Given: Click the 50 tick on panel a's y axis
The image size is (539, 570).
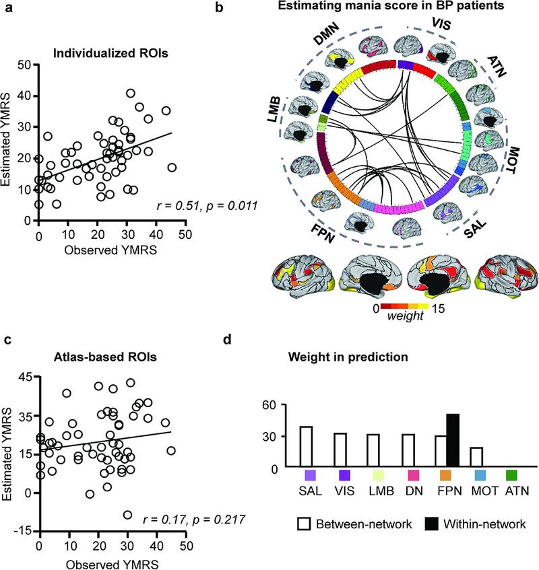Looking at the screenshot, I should coord(26,65).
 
